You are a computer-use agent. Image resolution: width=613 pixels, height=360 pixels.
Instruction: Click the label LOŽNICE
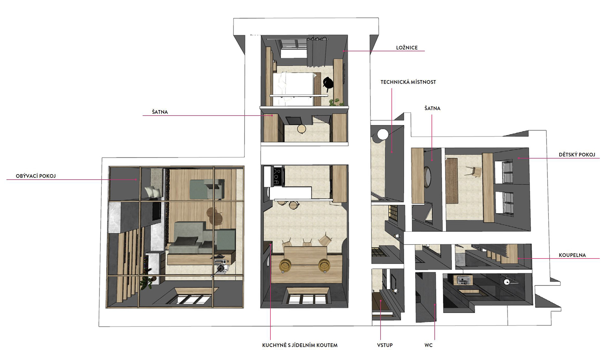coord(407,48)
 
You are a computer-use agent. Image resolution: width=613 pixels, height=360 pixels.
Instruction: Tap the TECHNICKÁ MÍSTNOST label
coord(408,82)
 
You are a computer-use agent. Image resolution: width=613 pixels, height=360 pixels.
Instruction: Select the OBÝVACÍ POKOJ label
coord(36,176)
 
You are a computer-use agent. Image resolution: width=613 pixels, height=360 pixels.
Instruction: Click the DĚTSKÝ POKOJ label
coord(577,154)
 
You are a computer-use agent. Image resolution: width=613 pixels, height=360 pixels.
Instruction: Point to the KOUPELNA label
coord(572,255)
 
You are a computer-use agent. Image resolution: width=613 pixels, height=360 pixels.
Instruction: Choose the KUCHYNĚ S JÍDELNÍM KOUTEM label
coord(300,345)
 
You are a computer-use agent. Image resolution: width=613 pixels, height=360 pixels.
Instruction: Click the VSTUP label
coord(385,345)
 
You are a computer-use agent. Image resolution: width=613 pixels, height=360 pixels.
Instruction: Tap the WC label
coord(428,345)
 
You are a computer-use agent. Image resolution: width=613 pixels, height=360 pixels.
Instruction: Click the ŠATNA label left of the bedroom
coord(160,112)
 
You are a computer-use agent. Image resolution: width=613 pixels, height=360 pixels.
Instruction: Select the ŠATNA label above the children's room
coord(432,109)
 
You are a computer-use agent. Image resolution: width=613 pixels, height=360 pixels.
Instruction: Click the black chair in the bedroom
coord(328,83)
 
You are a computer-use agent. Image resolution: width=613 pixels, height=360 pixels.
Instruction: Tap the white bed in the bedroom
coord(293,88)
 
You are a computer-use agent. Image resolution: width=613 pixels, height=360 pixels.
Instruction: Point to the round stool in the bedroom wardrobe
coord(301,129)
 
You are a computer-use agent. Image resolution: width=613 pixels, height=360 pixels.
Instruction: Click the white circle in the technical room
coord(382,134)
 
